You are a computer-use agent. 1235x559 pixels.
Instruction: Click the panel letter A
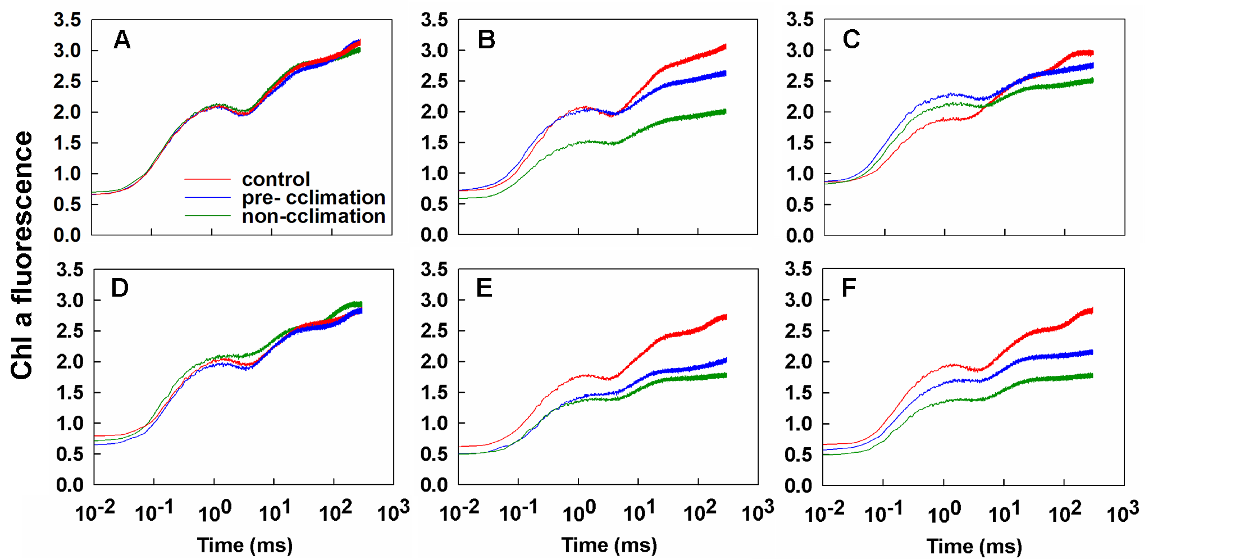[x=122, y=40]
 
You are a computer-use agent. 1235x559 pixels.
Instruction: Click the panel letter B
[x=486, y=40]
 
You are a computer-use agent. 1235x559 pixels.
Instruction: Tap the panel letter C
[x=851, y=39]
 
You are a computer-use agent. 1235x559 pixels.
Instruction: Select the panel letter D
[x=120, y=288]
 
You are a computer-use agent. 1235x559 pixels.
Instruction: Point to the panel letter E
[x=484, y=288]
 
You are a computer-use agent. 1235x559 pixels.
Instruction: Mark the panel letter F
[x=849, y=288]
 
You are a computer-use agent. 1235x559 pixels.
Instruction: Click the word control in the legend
[x=276, y=179]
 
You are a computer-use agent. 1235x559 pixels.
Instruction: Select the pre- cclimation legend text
[x=313, y=198]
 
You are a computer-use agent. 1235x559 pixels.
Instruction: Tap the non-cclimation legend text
[x=313, y=216]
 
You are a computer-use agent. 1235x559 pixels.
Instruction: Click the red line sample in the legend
[x=208, y=179]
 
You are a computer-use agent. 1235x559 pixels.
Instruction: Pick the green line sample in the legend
[x=208, y=216]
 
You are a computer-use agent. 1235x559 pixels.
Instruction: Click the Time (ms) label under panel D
[x=245, y=545]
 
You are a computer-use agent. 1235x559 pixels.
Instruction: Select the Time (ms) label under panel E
[x=609, y=545]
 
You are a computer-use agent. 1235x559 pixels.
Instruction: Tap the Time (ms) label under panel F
[x=974, y=546]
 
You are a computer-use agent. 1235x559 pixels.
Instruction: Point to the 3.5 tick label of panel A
[x=67, y=20]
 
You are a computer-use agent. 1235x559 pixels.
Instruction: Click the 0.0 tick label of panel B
[x=434, y=235]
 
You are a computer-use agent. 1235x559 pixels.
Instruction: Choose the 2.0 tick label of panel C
[x=800, y=112]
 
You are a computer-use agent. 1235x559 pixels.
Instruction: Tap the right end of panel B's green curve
[x=725, y=112]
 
